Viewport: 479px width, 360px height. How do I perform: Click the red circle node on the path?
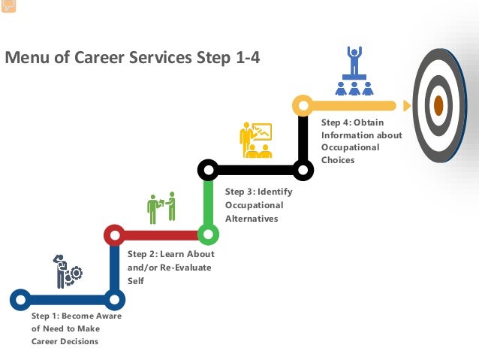point(114,235)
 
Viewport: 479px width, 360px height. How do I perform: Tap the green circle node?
point(208,235)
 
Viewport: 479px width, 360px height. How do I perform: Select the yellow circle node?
point(302,105)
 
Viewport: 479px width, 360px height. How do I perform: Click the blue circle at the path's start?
point(20,301)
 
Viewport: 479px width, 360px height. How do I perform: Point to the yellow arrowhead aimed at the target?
point(406,105)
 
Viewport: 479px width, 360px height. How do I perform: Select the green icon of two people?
point(161,207)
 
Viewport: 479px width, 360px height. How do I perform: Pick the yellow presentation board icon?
point(256,141)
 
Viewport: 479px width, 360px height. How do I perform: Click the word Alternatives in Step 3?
point(252,219)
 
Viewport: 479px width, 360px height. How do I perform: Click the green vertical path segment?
point(208,203)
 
